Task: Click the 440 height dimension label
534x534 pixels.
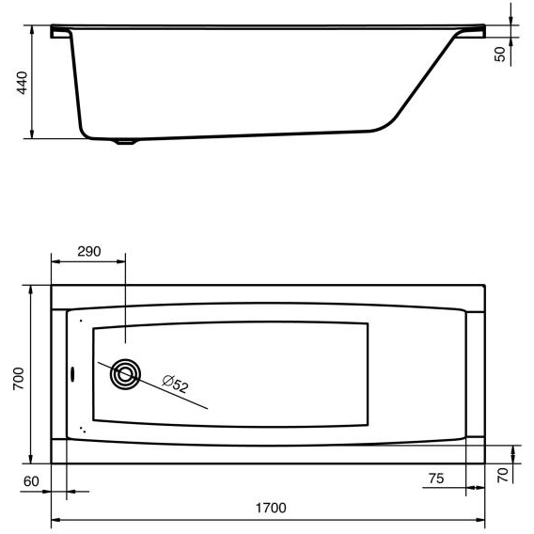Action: pos(23,83)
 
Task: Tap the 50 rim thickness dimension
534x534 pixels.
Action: pos(500,55)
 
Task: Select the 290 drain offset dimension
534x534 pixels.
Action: pos(89,251)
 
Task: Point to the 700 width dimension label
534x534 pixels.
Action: pos(19,378)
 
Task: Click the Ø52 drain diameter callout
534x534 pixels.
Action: pos(175,384)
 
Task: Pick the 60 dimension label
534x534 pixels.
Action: pos(31,481)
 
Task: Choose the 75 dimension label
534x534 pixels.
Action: pos(436,479)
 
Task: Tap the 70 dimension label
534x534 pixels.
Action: pos(503,475)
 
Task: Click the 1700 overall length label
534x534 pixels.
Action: pos(271,508)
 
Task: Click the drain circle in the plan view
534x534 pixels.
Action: pos(125,374)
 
